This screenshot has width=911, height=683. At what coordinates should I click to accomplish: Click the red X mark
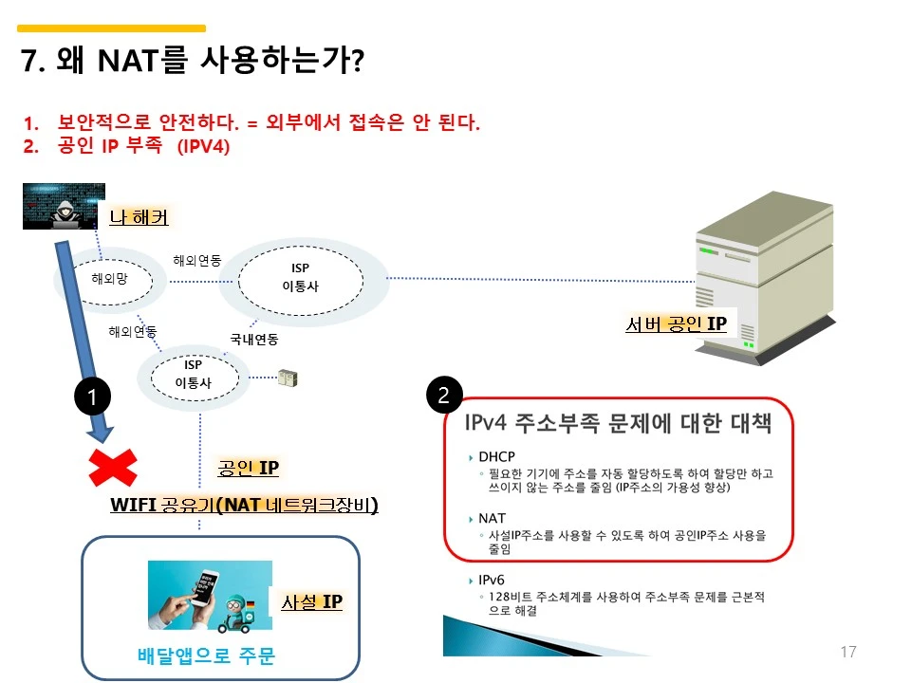coord(112,468)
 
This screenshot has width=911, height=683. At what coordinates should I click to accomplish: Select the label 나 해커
coord(139,218)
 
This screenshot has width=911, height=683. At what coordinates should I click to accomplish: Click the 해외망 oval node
coord(109,279)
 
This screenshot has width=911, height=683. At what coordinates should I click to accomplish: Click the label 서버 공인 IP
coord(676,324)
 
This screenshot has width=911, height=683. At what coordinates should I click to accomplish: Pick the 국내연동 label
coord(253,338)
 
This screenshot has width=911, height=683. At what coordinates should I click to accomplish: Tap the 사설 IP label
coord(311,602)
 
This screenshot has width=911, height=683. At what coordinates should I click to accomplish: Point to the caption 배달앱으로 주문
coord(206,655)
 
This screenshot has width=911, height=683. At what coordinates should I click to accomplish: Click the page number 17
coord(848,652)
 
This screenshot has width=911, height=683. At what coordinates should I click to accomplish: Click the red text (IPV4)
coord(203,147)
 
